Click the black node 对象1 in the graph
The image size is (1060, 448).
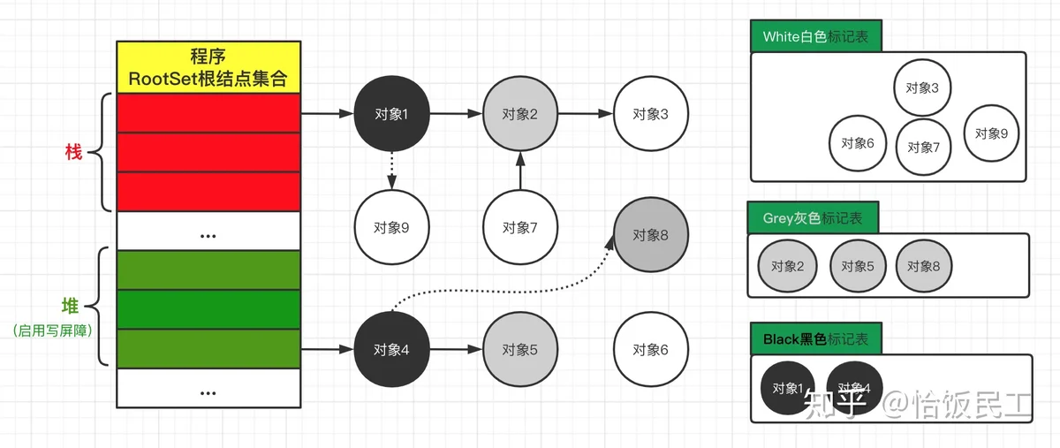point(390,114)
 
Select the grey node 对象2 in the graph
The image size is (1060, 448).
point(519,114)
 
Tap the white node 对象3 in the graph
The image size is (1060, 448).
point(650,114)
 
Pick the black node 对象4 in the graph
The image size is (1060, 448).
point(390,349)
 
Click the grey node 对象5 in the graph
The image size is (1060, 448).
point(519,349)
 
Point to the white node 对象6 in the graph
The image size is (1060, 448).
point(650,349)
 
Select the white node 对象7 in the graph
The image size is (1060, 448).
point(519,227)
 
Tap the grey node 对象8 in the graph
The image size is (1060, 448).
point(650,235)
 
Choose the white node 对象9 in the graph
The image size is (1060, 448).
point(390,227)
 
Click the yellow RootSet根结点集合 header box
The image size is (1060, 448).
point(209,66)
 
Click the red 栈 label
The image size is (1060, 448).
point(73,152)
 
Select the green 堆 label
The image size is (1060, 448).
point(70,307)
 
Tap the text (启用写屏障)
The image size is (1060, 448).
point(54,331)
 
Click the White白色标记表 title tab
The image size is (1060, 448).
point(815,37)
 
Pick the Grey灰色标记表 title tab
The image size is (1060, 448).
point(813,218)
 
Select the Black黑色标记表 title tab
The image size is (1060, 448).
point(815,339)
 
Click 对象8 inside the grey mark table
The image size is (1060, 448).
point(924,266)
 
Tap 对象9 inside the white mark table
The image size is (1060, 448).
point(991,133)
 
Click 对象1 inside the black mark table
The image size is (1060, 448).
point(788,388)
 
